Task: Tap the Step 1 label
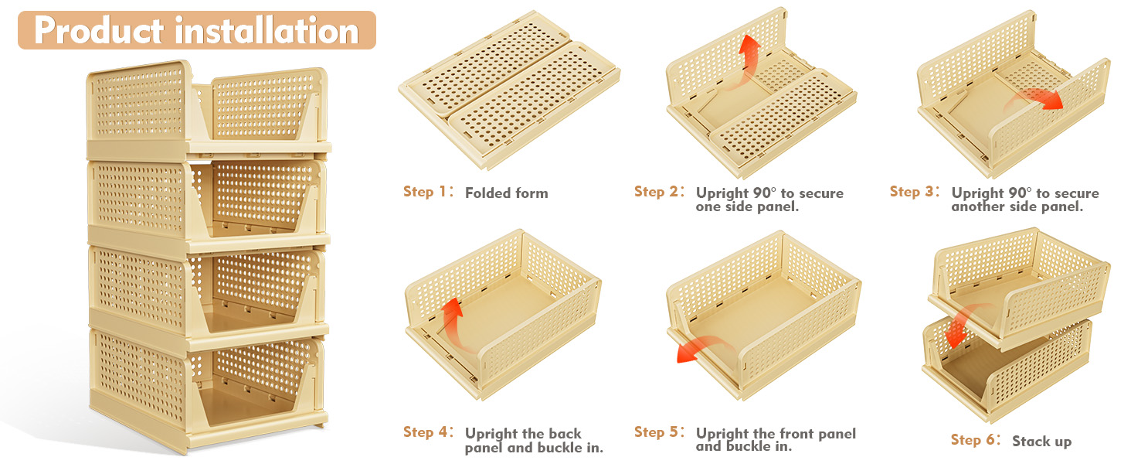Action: pyautogui.click(x=425, y=192)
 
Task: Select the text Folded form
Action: pyautogui.click(x=506, y=193)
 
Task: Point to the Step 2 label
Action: pyautogui.click(x=656, y=192)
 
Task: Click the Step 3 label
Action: pyautogui.click(x=912, y=192)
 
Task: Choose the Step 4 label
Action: pyautogui.click(x=425, y=432)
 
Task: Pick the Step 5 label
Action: pyautogui.click(x=656, y=432)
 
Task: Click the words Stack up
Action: pyautogui.click(x=1041, y=442)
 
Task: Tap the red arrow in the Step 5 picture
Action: pyautogui.click(x=695, y=348)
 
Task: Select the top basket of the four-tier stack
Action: pyautogui.click(x=207, y=108)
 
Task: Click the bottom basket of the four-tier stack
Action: pyautogui.click(x=207, y=387)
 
